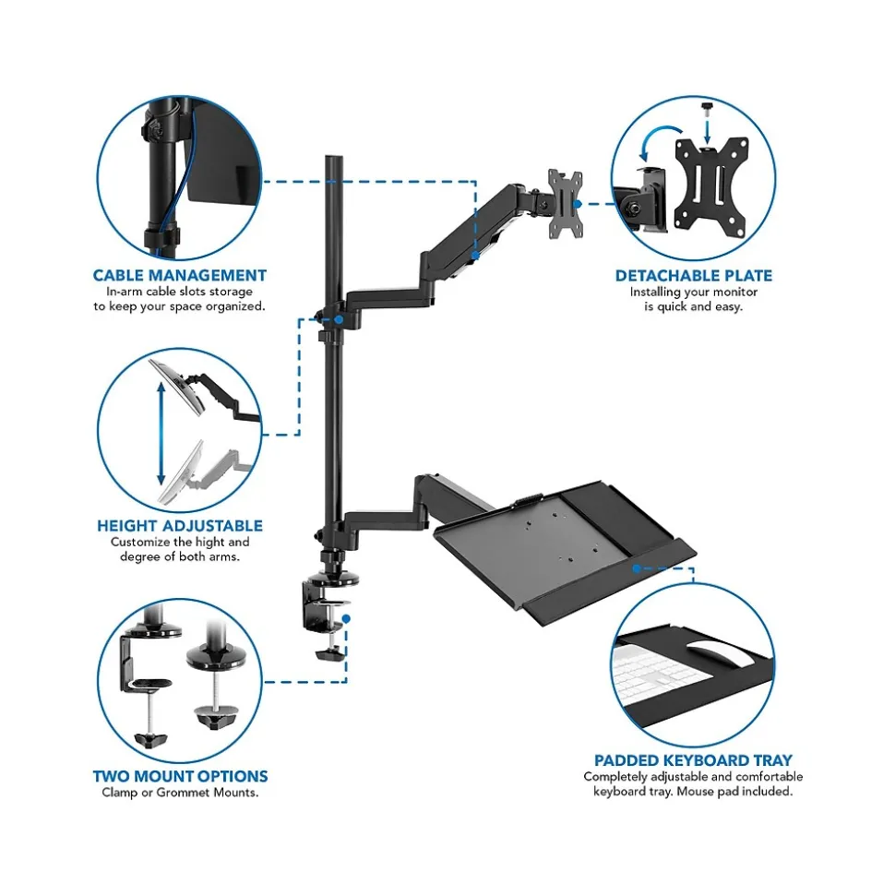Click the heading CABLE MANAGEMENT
[179, 275]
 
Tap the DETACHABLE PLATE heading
[694, 275]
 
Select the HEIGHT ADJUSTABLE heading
[180, 526]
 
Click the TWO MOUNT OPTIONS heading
[181, 776]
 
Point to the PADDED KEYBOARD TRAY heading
[693, 760]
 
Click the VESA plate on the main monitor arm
[566, 204]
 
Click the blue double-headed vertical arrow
[161, 434]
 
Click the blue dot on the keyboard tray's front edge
[637, 568]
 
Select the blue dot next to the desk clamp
[346, 619]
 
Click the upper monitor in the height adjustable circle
[177, 387]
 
